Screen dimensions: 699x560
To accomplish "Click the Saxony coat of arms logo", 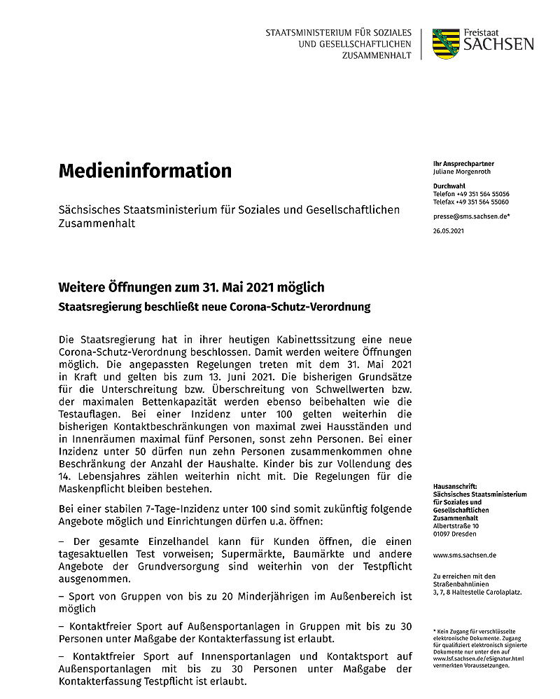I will coord(446,43).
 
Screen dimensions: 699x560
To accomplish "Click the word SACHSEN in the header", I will coord(497,45).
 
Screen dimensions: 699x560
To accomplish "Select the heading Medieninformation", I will coord(145,170).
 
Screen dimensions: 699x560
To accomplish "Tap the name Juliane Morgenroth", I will coord(463,172).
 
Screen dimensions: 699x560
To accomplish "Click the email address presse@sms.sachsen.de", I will coord(470,216).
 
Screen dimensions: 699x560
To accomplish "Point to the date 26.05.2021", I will coord(449,230).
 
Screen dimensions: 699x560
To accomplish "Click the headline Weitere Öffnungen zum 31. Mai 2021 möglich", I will coord(191,288).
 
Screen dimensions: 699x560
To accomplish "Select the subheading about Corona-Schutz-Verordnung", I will coord(214,307).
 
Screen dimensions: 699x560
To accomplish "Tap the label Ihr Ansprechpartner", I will coord(463,164).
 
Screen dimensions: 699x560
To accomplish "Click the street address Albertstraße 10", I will coord(456,525).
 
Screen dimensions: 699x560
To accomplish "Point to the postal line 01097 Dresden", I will coord(455,534).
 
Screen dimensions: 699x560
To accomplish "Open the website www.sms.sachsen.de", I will coord(465,555).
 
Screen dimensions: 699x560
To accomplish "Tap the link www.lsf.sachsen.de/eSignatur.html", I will coord(479,658).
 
